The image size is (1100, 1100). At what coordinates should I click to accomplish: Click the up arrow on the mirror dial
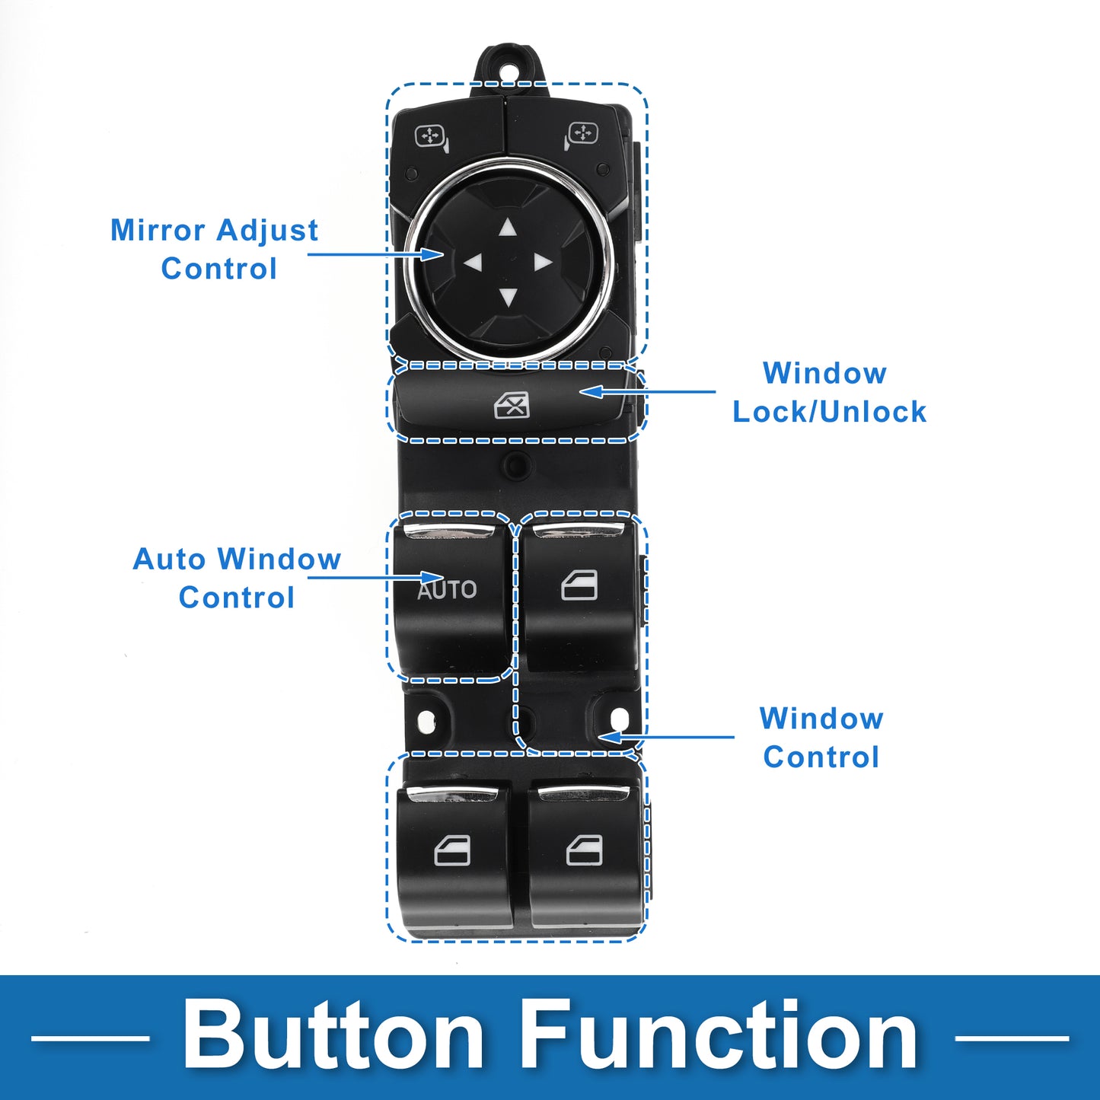[508, 228]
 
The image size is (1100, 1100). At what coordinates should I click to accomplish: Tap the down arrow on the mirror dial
[508, 297]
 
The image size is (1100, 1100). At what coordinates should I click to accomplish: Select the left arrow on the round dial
[473, 263]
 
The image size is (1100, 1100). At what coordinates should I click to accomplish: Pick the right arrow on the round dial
[543, 263]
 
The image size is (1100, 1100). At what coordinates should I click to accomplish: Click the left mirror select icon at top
[431, 138]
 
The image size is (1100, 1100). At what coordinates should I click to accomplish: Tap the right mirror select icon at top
[582, 136]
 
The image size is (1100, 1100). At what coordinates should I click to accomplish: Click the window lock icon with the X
[512, 406]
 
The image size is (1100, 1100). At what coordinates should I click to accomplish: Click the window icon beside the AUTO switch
[579, 586]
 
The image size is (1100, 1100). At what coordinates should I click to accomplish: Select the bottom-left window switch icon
[452, 850]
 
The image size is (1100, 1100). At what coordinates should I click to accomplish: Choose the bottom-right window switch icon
[585, 850]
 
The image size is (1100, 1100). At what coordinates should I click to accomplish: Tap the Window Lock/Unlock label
[829, 393]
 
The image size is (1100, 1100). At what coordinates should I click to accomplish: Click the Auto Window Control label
[237, 578]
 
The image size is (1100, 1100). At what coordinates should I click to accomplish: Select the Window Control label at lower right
[821, 738]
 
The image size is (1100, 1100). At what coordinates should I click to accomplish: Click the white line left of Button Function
[90, 1038]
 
